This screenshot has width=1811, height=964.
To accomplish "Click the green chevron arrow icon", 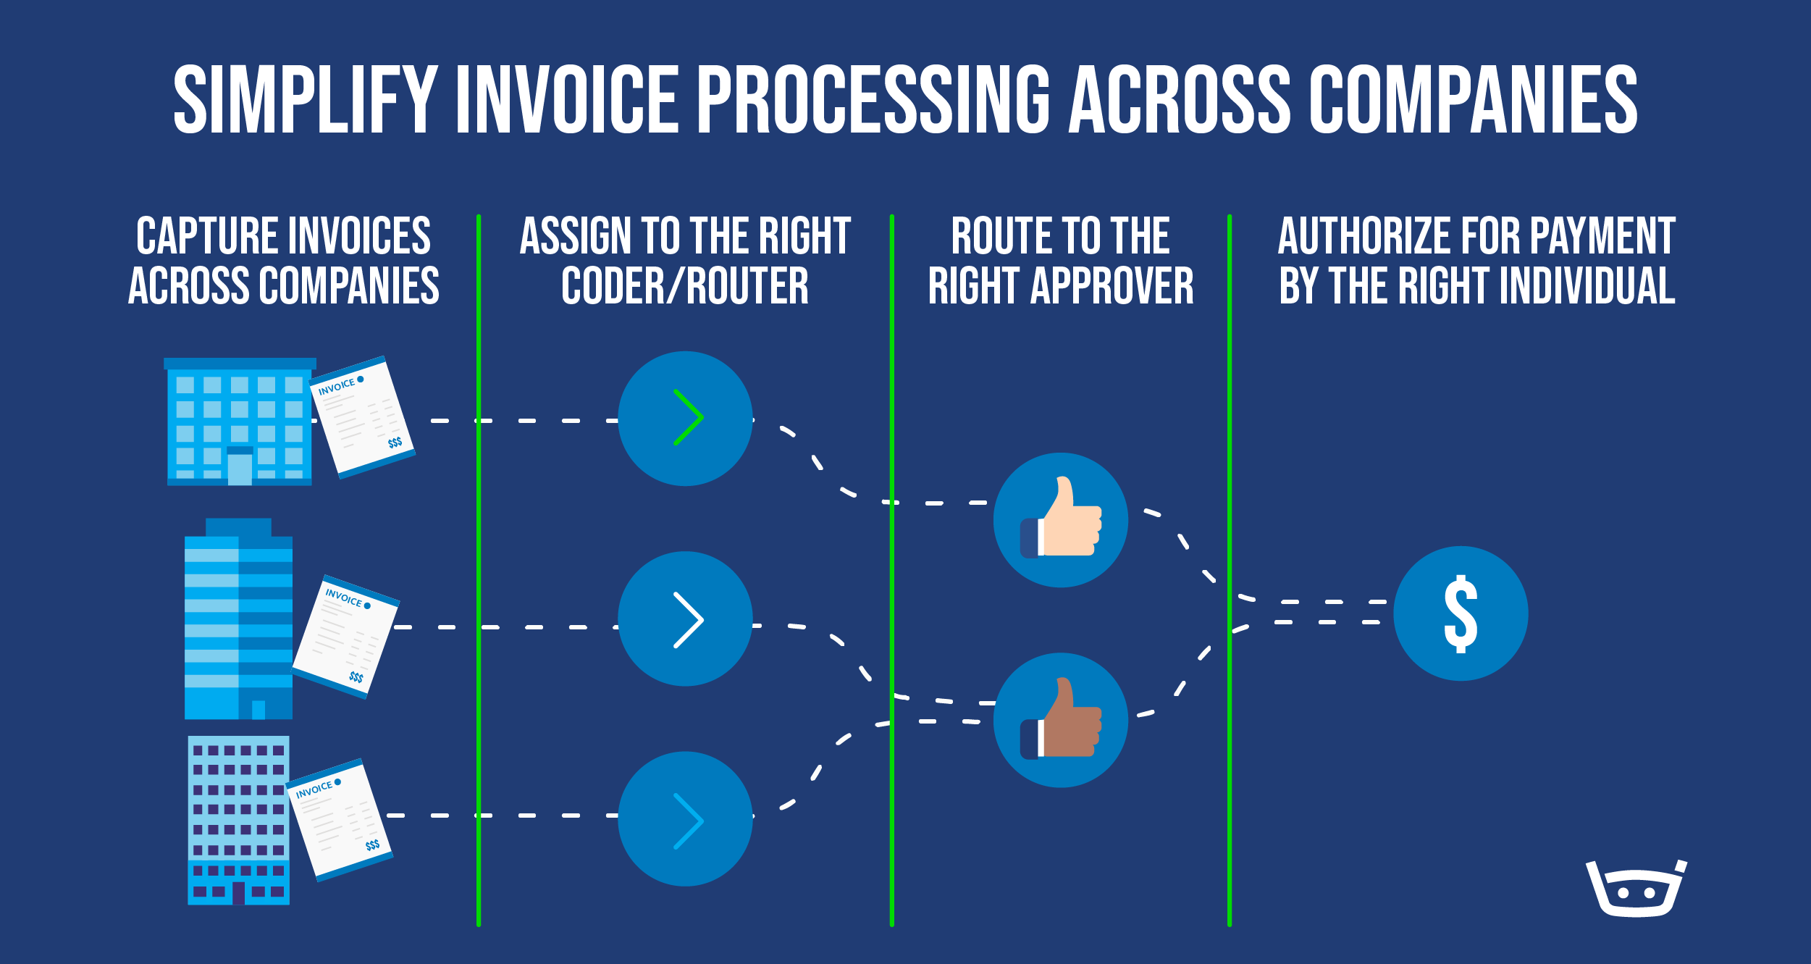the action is pyautogui.click(x=689, y=417).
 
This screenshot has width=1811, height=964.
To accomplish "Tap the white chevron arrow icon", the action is pyautogui.click(x=689, y=620).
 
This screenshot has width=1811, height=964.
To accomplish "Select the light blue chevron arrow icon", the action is pyautogui.click(x=689, y=821).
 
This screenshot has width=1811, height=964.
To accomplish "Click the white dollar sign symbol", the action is pyautogui.click(x=1461, y=614).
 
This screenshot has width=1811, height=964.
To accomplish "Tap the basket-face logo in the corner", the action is pyautogui.click(x=1636, y=888).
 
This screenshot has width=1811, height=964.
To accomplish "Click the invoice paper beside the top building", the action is pyautogui.click(x=362, y=417).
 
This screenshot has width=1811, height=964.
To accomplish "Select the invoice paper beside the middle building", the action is pyautogui.click(x=346, y=637).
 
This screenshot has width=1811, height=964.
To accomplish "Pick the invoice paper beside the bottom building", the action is pyautogui.click(x=339, y=820).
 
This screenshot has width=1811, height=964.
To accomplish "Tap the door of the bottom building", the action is pyautogui.click(x=238, y=892).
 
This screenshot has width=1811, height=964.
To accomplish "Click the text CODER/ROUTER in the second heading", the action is pyautogui.click(x=685, y=285).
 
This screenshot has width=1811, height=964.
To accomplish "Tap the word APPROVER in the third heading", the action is pyautogui.click(x=1112, y=285).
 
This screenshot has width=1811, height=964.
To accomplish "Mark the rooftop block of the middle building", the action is pyautogui.click(x=238, y=527).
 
